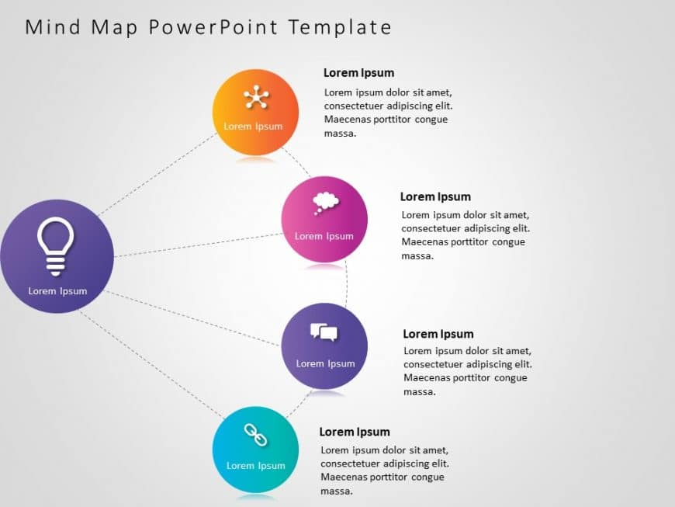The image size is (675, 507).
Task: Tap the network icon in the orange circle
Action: tap(255, 97)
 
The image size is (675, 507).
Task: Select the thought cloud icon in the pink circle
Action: tap(325, 203)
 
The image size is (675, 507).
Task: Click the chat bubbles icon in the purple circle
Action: tap(324, 333)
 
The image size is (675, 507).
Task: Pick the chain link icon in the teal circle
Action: tap(255, 436)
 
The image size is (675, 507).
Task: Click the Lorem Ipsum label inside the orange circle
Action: tap(254, 127)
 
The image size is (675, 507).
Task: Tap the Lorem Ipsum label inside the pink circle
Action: tap(324, 236)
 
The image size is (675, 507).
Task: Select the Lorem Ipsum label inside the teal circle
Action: tap(255, 466)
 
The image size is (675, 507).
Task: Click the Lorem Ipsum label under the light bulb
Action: tap(57, 291)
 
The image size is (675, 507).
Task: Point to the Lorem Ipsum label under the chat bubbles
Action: tap(325, 363)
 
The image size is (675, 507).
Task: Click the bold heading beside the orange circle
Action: tap(358, 73)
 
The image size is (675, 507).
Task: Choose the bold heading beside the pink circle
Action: tap(435, 197)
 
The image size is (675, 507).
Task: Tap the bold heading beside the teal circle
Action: tap(355, 432)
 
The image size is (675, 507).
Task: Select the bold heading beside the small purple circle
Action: tap(438, 334)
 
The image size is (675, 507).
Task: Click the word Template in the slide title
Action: tap(340, 27)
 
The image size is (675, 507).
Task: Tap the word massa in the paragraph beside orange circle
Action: tap(340, 134)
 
